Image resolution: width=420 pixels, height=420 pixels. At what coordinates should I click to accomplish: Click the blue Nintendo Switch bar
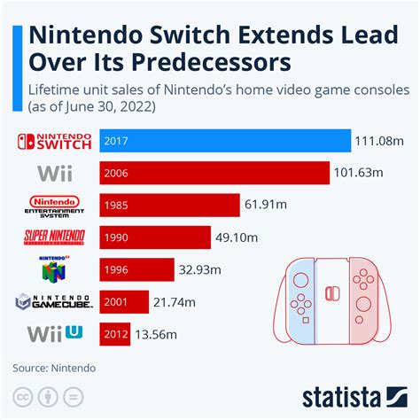(x=225, y=140)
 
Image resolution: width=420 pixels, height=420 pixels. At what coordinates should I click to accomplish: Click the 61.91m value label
(x=268, y=205)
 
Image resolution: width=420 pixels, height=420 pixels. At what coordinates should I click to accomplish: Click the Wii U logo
(x=55, y=334)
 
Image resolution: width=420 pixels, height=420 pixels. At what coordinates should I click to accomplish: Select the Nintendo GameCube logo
(x=55, y=302)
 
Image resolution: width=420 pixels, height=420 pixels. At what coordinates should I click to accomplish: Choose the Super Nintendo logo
(x=55, y=237)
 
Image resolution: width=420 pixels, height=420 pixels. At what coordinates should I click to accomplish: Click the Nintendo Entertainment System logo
(x=55, y=205)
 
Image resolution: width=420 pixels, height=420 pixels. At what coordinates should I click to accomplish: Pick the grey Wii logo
(x=55, y=172)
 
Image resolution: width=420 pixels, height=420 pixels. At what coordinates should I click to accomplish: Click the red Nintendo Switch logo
(x=55, y=140)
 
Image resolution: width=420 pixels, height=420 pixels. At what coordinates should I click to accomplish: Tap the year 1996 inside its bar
(x=117, y=269)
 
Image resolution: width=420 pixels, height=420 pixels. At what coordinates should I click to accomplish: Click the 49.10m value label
(x=238, y=237)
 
